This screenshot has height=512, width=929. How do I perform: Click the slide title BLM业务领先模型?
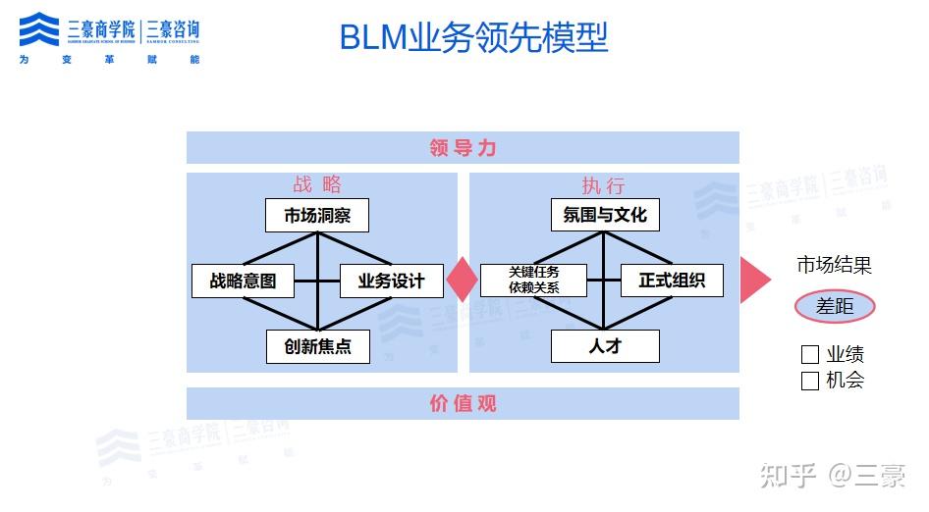click(x=473, y=37)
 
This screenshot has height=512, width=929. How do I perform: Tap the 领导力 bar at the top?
click(x=463, y=148)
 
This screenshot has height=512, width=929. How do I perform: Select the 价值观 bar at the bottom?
click(x=463, y=403)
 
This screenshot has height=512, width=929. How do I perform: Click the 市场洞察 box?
click(x=317, y=216)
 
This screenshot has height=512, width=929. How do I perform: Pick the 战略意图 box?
click(x=243, y=282)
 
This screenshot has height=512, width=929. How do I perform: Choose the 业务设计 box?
click(x=391, y=282)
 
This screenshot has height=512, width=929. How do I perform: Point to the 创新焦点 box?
click(x=318, y=346)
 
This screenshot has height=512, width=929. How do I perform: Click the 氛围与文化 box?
click(x=605, y=216)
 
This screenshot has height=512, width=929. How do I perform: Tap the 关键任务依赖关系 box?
click(x=533, y=281)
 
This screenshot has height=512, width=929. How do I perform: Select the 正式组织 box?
click(x=672, y=281)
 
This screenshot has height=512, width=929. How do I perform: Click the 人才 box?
click(x=605, y=346)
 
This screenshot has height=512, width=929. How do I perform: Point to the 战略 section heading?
click(x=317, y=185)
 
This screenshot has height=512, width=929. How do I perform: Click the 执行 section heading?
click(x=603, y=185)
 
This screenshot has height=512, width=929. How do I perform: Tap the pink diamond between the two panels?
click(x=462, y=281)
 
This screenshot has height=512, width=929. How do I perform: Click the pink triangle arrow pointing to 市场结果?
click(x=753, y=281)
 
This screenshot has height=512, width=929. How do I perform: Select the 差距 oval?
click(x=835, y=306)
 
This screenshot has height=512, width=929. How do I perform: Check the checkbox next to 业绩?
click(x=810, y=355)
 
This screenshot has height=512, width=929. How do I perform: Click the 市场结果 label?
click(x=834, y=265)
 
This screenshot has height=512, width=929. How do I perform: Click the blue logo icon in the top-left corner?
click(x=39, y=29)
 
